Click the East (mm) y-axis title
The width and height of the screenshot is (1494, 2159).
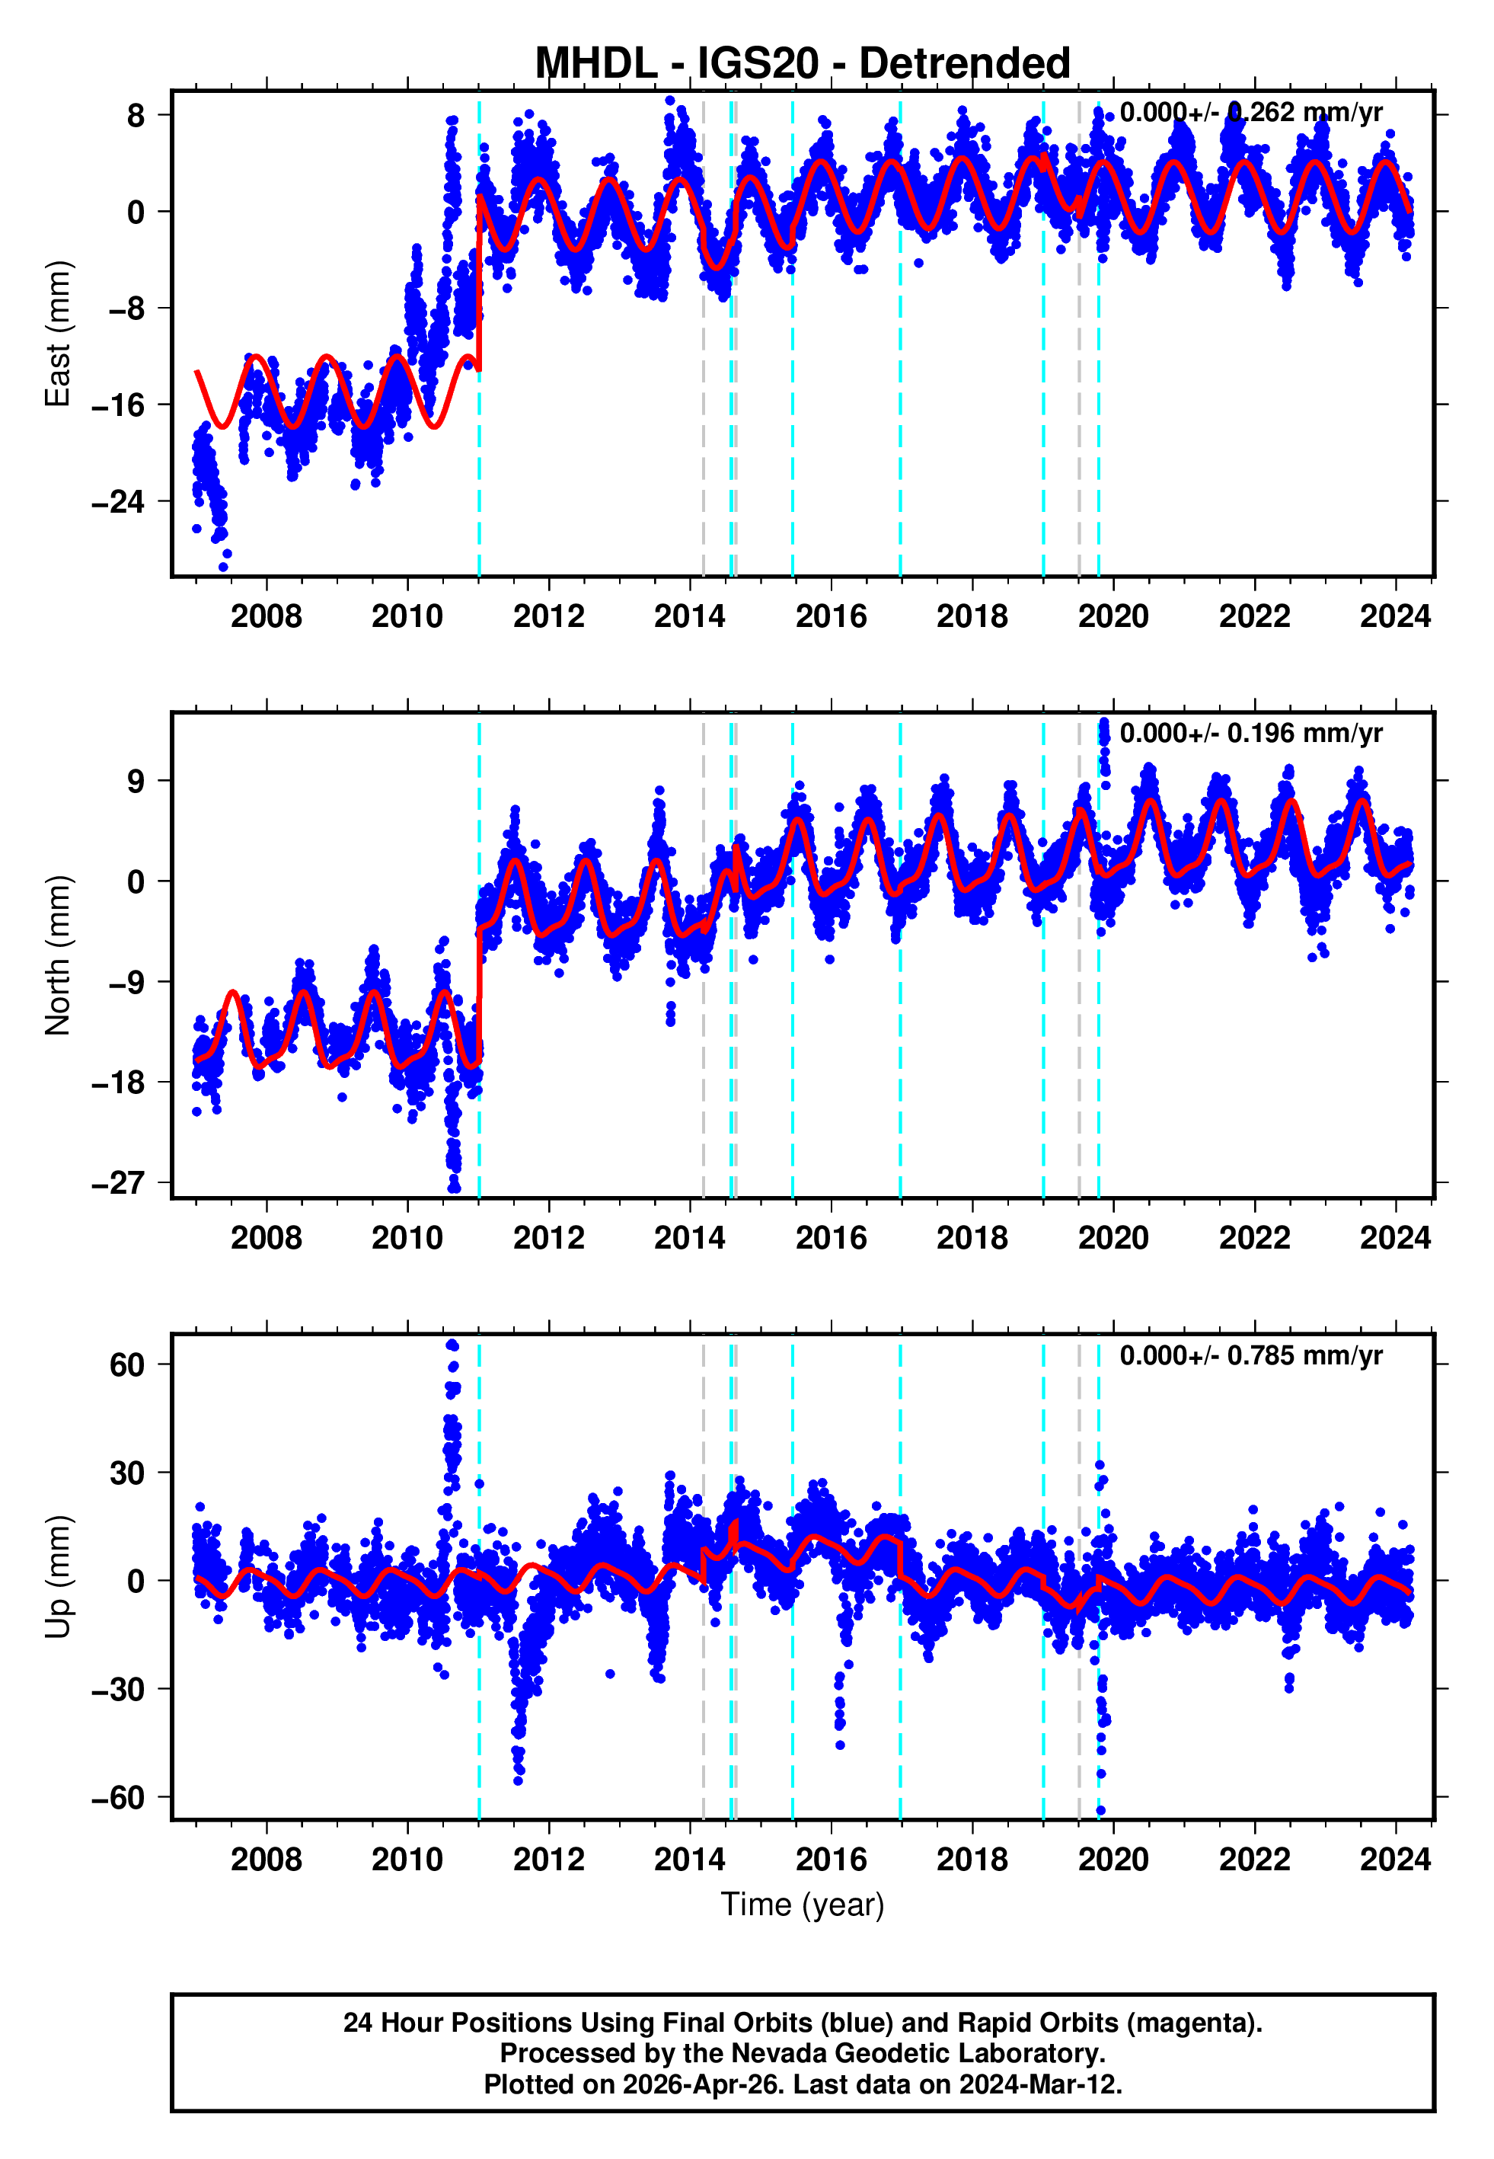(x=58, y=334)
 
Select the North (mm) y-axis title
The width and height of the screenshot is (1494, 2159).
(x=58, y=955)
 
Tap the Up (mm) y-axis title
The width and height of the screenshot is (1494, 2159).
(x=58, y=1577)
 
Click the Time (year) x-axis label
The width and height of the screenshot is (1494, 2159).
(x=803, y=1905)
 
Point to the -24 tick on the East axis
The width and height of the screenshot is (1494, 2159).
(x=118, y=502)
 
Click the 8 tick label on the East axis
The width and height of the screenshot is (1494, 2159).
(x=136, y=115)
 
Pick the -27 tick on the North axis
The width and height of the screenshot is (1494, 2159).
(x=118, y=1182)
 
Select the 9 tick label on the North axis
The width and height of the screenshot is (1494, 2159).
(x=136, y=781)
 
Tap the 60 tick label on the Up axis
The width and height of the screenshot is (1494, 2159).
(x=127, y=1365)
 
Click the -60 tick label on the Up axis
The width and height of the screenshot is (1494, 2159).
(x=118, y=1798)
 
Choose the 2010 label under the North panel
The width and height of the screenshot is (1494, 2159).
(x=407, y=1239)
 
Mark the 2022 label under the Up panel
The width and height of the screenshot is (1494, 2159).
(x=1254, y=1860)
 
